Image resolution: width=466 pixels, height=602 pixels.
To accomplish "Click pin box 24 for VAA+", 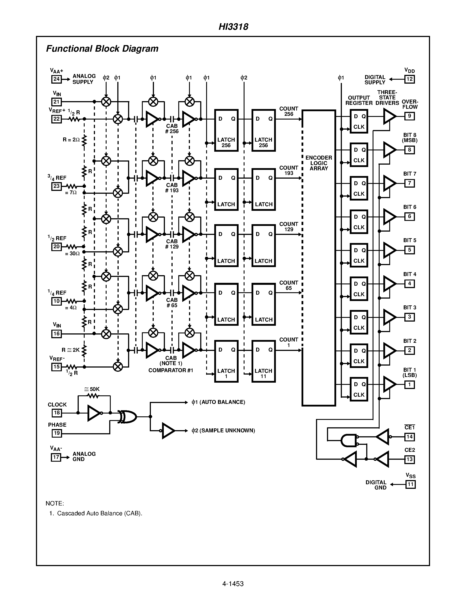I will tap(56, 79).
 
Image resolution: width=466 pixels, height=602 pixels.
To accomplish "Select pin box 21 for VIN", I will tap(56, 102).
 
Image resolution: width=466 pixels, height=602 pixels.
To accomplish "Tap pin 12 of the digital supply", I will tap(409, 79).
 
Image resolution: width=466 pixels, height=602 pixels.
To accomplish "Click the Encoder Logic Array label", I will tap(319, 163).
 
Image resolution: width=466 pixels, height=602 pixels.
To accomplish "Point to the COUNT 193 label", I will tap(289, 170).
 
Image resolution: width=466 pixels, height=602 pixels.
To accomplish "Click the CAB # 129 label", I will tap(172, 244).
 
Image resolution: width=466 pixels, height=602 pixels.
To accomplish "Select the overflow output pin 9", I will tap(409, 116).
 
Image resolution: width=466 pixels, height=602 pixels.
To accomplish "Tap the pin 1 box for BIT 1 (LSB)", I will tap(409, 385).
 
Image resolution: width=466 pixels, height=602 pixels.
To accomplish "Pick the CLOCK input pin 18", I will tap(57, 413).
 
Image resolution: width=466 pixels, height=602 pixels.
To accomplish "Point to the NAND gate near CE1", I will tap(348, 440).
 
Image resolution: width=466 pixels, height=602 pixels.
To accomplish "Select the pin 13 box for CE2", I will tap(409, 459).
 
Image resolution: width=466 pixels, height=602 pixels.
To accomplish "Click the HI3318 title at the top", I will tap(233, 27).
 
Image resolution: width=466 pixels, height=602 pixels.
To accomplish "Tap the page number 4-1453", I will tap(233, 584).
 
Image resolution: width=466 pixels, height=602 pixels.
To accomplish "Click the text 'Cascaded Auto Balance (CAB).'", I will tap(99, 513).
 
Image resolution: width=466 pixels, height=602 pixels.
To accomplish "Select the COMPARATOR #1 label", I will tap(171, 370).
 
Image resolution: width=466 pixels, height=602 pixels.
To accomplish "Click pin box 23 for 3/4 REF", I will tap(56, 186).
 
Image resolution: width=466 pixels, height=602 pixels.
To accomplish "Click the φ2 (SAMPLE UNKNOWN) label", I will tap(223, 431).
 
